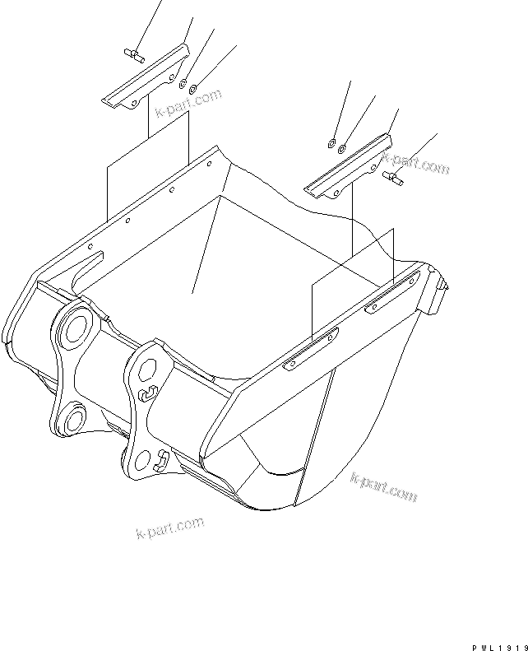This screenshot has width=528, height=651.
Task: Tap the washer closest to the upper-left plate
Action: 183,84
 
